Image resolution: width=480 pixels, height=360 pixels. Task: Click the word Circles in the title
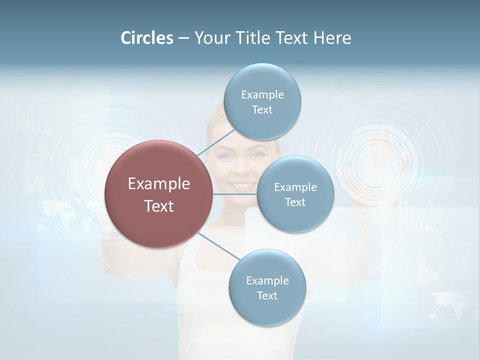pos(147,38)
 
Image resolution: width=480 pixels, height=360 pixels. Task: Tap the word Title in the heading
pos(256,38)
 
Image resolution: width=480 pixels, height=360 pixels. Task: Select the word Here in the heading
pos(332,38)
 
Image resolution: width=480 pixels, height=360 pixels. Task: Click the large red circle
pos(158,194)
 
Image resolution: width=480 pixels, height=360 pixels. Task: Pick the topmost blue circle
pos(262,102)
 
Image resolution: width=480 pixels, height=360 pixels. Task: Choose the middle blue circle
pos(295,194)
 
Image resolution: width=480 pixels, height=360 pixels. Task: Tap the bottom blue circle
pos(267,288)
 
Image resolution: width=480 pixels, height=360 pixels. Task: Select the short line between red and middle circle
pos(235,194)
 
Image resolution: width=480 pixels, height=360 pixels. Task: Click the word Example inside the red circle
pos(158,184)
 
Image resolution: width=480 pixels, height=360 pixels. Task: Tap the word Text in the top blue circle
pos(262,110)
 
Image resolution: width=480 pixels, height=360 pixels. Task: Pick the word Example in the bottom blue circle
pos(267,280)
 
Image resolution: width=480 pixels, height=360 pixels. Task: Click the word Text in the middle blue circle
pos(295,202)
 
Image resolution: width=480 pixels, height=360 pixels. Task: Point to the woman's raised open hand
pos(380,160)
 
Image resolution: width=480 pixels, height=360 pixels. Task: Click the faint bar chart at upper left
pos(25,117)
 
